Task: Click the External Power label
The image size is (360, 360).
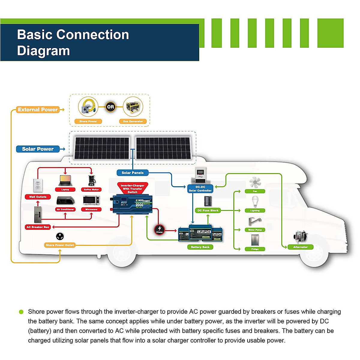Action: [x=37, y=110]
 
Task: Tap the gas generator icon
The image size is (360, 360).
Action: [x=133, y=107]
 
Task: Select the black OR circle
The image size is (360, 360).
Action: [x=111, y=107]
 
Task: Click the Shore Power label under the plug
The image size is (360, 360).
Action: [x=88, y=121]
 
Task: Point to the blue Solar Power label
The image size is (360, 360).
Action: [x=37, y=149]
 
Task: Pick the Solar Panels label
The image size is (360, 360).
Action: [x=133, y=173]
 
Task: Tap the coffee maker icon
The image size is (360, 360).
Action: [x=91, y=181]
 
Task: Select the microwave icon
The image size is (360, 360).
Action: [x=91, y=200]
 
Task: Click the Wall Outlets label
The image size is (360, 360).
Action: [x=38, y=197]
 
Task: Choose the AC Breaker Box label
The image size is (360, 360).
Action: [x=38, y=227]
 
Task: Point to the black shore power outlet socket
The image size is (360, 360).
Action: [x=60, y=236]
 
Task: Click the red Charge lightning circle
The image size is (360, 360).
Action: [x=159, y=229]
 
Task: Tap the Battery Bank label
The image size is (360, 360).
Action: [x=200, y=247]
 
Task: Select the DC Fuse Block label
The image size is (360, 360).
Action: [x=208, y=211]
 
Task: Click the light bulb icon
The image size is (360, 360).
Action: [x=255, y=201]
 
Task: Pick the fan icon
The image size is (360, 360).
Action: [x=255, y=182]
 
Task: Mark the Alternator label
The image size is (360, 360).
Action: [x=300, y=247]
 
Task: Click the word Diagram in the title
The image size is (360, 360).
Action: [x=43, y=51]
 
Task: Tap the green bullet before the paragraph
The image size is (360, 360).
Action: [x=21, y=312]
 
